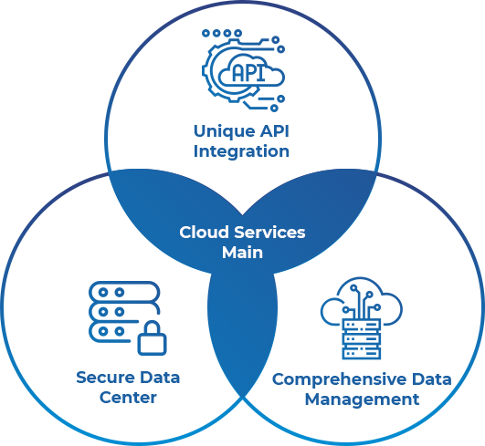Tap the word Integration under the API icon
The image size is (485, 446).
[241, 151]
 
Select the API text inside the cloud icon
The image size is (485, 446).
[248, 74]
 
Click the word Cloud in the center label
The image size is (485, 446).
[205, 233]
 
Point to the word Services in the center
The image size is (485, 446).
[269, 233]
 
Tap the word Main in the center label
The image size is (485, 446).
[243, 253]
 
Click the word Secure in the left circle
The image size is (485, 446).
[105, 378]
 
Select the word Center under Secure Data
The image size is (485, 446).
[128, 398]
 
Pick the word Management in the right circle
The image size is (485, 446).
[362, 399]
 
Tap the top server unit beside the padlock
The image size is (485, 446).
[124, 292]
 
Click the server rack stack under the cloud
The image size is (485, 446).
[362, 338]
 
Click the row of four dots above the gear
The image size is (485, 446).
[222, 33]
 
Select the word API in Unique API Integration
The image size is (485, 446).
[274, 131]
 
